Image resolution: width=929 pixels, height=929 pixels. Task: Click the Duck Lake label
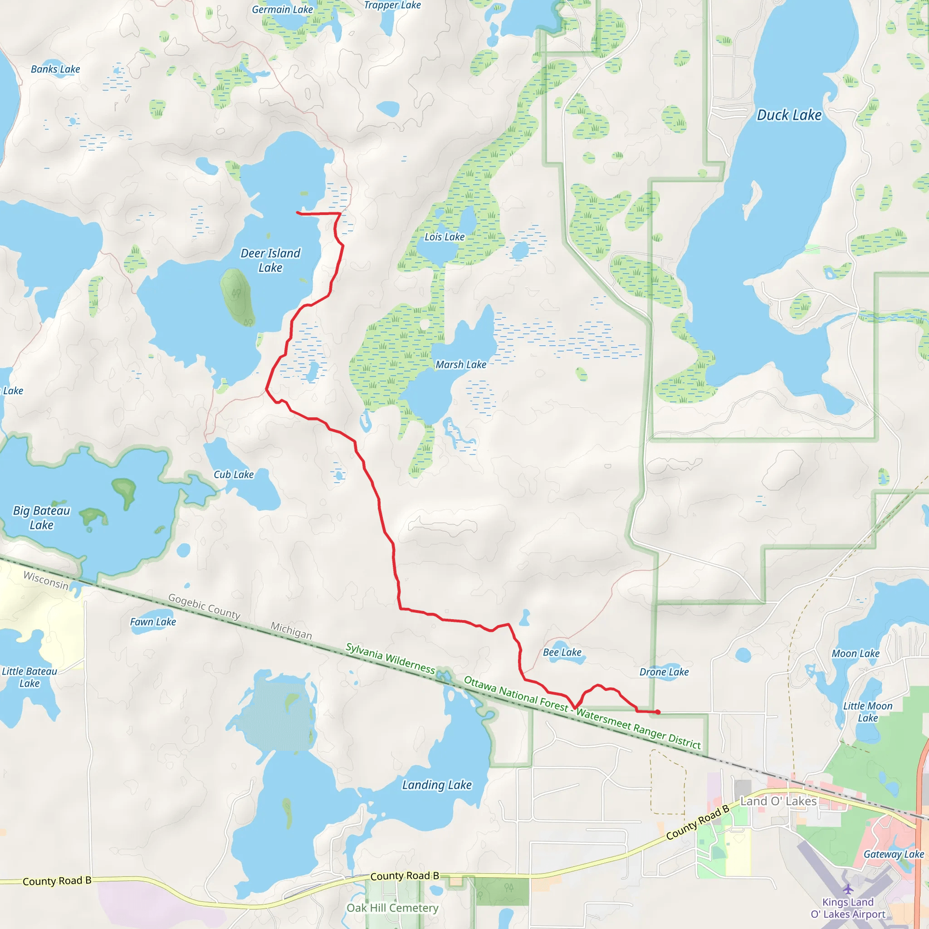[x=789, y=115]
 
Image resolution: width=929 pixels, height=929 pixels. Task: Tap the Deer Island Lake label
[x=270, y=260]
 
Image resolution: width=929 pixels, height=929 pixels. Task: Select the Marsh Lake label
[x=461, y=365]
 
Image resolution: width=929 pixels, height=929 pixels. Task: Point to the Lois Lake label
[x=444, y=237]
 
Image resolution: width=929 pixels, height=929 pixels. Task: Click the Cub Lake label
[x=234, y=474]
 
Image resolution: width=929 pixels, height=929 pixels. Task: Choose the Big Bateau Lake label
[x=41, y=518]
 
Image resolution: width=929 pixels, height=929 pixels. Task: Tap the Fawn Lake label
[x=153, y=622]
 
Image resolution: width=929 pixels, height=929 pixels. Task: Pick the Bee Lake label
[x=562, y=652]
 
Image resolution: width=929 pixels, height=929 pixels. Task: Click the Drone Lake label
[x=664, y=672]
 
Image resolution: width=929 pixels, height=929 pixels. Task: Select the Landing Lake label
[x=437, y=785]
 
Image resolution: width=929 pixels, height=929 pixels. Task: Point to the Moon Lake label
[x=856, y=654]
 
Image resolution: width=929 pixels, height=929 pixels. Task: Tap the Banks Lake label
[x=55, y=69]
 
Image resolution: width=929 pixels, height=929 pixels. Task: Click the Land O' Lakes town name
[x=778, y=801]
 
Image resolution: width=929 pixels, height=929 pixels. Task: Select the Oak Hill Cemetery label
[x=392, y=908]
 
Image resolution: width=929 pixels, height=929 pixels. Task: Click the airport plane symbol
[x=848, y=889]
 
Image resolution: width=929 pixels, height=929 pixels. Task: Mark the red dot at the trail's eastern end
[x=657, y=712]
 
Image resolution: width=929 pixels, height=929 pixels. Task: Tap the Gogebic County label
[x=204, y=607]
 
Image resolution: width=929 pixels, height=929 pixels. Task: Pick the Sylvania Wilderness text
[x=391, y=659]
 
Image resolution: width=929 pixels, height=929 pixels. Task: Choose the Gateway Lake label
[x=894, y=855]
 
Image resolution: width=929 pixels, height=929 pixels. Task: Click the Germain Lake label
[x=282, y=10]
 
